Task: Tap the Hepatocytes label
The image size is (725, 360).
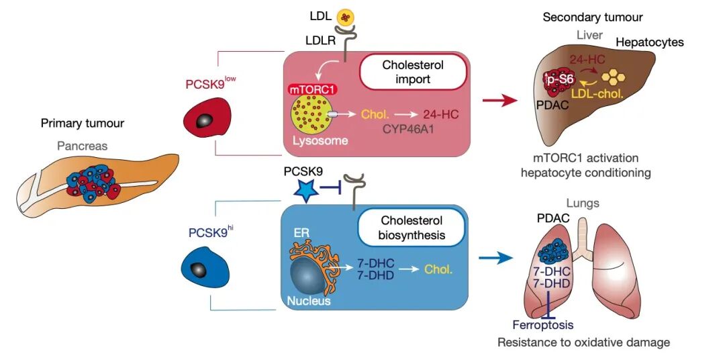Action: coord(650,42)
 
